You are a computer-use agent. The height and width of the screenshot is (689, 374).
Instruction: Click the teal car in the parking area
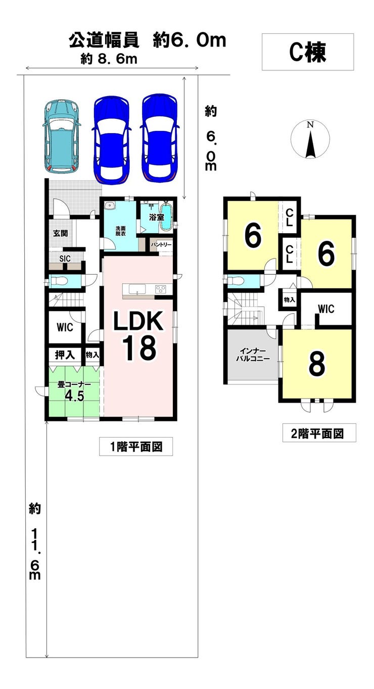coord(62,136)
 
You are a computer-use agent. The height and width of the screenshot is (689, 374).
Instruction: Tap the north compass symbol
coord(310,139)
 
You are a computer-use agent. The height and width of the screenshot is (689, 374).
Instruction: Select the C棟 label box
coord(307,52)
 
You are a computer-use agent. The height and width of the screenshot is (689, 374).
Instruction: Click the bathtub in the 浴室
coord(166,218)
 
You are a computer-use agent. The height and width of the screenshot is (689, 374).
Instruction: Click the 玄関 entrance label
coord(61,233)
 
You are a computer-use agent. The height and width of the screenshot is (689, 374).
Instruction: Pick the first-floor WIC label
coord(64,327)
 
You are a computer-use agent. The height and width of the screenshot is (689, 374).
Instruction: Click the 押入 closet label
coord(65,355)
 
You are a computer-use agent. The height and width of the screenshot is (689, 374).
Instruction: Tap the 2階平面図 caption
coord(320,433)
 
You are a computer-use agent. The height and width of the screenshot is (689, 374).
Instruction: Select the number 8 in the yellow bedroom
coord(316,363)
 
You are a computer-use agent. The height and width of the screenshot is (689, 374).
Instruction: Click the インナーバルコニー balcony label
coord(253,354)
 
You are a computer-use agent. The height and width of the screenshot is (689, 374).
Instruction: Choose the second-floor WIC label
coord(325,309)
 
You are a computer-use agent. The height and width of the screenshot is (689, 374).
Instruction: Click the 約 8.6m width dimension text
coord(109,59)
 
